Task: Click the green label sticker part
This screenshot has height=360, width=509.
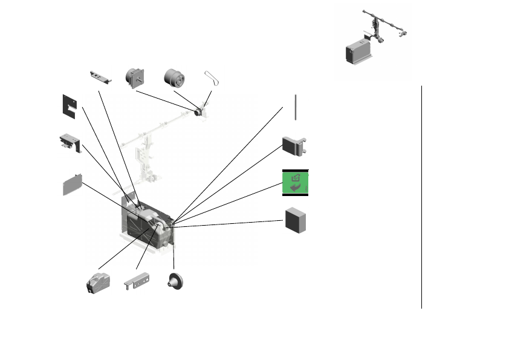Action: [x=296, y=183]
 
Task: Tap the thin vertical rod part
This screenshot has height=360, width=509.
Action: [x=296, y=108]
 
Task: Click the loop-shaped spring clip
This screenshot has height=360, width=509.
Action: [x=211, y=77]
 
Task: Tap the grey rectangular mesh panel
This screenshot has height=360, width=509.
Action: [x=72, y=184]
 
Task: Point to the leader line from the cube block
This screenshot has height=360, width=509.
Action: [x=230, y=224]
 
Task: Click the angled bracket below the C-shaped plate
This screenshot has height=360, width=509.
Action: [x=70, y=143]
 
